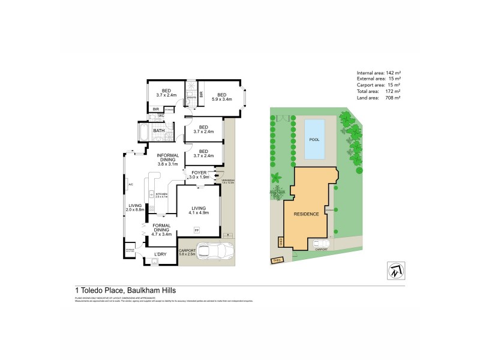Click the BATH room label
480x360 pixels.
(159, 131)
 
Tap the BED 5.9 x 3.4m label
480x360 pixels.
(221, 97)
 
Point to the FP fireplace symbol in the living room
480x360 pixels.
(196, 230)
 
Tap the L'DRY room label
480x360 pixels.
(160, 254)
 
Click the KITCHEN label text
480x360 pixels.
(162, 194)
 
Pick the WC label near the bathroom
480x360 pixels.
(161, 115)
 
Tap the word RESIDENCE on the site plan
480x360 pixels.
(305, 214)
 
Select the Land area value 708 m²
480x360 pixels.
(393, 97)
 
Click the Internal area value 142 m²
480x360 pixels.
(393, 73)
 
